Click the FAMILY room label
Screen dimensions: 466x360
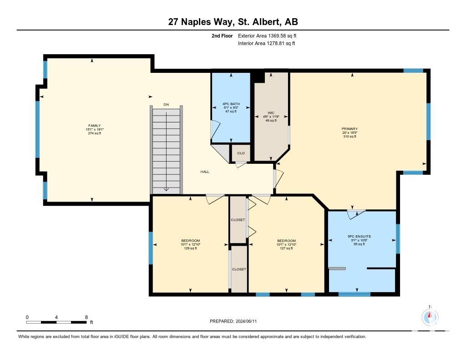point(95,126)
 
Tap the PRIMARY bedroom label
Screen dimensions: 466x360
point(349,129)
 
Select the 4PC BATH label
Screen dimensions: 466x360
point(231,104)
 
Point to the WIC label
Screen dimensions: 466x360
point(271,113)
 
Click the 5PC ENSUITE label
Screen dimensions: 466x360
point(360,236)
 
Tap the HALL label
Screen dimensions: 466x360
point(205,172)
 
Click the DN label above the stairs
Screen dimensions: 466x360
point(166,104)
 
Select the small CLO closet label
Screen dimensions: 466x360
point(241,153)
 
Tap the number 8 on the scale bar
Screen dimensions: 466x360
point(86,317)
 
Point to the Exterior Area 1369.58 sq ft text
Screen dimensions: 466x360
point(267,35)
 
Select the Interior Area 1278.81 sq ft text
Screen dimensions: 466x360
point(267,43)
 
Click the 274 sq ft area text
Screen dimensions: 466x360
point(95,133)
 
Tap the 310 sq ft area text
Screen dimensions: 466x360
point(349,137)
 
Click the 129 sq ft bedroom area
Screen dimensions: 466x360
point(191,248)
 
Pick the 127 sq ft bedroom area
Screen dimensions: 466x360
point(287,248)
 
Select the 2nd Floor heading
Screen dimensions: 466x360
point(222,35)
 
